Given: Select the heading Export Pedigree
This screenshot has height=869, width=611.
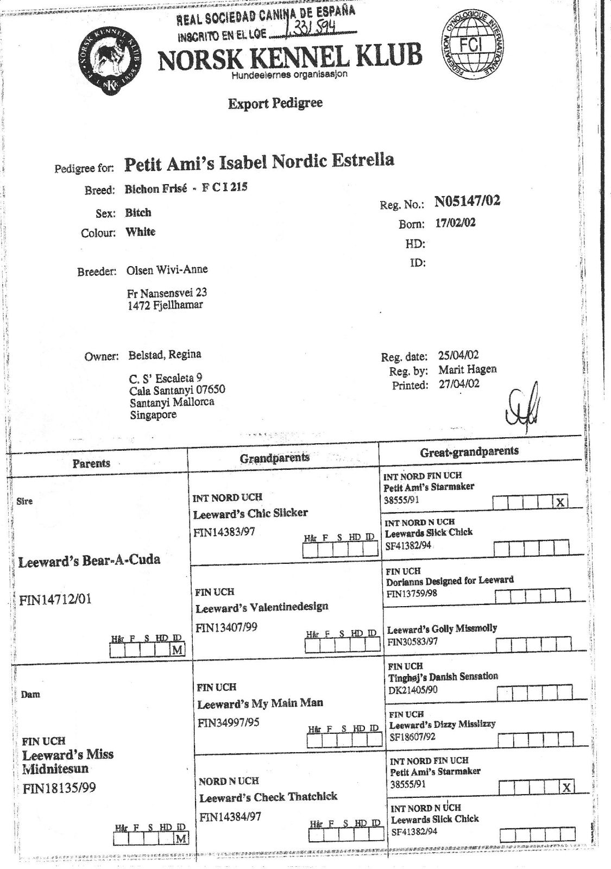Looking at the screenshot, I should pyautogui.click(x=275, y=103).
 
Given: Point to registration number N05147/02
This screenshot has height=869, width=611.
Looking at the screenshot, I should pyautogui.click(x=467, y=202).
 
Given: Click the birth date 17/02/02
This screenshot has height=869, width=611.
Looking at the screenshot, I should pyautogui.click(x=456, y=223).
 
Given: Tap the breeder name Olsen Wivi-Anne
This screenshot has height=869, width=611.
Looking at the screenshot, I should pyautogui.click(x=167, y=270).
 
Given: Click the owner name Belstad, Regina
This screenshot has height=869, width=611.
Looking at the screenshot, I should pyautogui.click(x=165, y=355).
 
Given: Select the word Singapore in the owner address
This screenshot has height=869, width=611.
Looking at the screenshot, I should pyautogui.click(x=153, y=415).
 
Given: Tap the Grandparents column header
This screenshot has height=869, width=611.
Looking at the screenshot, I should pyautogui.click(x=275, y=458).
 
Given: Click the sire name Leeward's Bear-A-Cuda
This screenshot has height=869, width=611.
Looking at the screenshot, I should pyautogui.click(x=90, y=561).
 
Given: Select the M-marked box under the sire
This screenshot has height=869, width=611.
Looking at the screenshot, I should pyautogui.click(x=177, y=650).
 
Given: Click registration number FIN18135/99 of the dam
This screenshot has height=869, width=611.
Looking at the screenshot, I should pyautogui.click(x=59, y=788).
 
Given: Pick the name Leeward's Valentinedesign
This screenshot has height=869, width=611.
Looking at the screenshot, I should pyautogui.click(x=262, y=607).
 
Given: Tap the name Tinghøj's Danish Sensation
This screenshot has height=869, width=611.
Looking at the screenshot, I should pyautogui.click(x=443, y=677).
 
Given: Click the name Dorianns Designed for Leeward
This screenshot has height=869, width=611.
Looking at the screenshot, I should pyautogui.click(x=450, y=581).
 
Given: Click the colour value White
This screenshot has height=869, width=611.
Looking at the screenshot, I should pyautogui.click(x=141, y=232).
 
